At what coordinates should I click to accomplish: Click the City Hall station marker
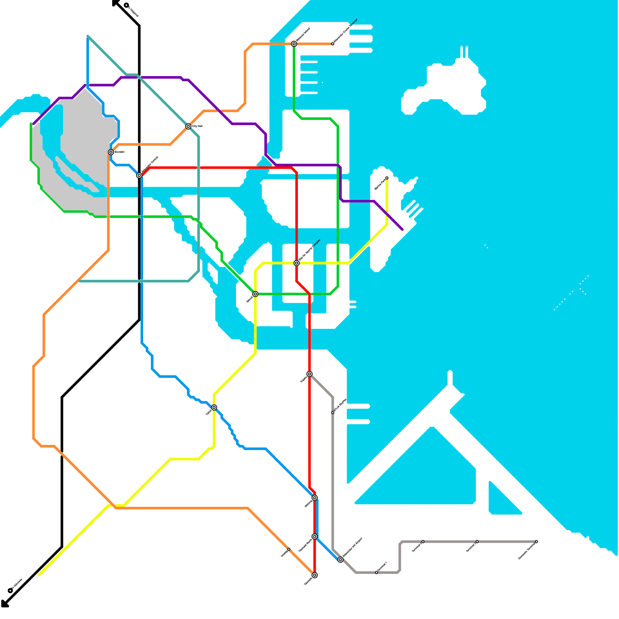[188, 127]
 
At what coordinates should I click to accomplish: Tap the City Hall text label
[197, 127]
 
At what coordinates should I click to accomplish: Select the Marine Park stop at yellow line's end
[387, 178]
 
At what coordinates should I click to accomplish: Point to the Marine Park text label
[380, 184]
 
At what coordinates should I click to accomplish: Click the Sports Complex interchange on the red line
[297, 263]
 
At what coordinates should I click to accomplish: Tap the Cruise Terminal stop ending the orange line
[333, 44]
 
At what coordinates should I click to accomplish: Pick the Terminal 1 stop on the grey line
[376, 573]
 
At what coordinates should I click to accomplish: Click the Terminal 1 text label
[382, 566]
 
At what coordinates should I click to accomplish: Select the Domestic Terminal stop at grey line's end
[537, 542]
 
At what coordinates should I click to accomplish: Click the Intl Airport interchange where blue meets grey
[340, 560]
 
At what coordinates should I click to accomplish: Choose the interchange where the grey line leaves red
[309, 374]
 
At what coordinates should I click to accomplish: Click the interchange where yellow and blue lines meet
[214, 407]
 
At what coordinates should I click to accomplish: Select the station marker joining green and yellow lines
[255, 294]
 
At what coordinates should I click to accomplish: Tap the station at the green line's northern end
[294, 44]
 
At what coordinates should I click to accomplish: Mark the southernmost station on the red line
[315, 575]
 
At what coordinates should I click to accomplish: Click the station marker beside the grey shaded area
[111, 152]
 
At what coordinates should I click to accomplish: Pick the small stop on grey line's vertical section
[333, 412]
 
